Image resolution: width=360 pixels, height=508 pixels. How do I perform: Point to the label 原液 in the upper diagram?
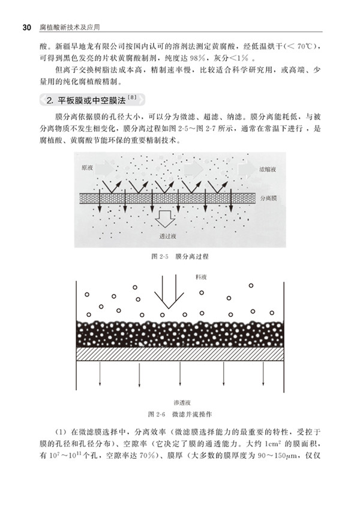88,169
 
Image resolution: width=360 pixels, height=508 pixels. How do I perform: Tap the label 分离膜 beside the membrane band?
269,197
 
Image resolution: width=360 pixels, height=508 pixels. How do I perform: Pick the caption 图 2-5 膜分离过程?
179,256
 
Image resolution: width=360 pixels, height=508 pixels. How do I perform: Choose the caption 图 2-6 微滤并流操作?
179,414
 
